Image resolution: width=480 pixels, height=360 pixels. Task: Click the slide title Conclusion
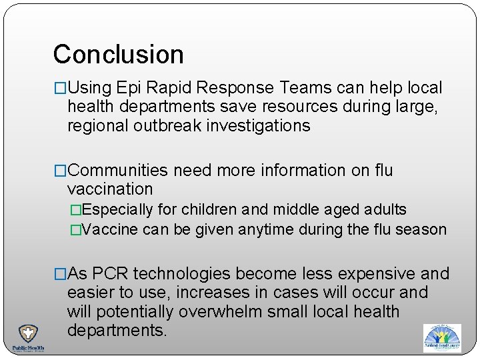[118, 55]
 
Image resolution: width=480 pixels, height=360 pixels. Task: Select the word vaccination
[110, 189]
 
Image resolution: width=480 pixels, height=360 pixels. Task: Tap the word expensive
[376, 274]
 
